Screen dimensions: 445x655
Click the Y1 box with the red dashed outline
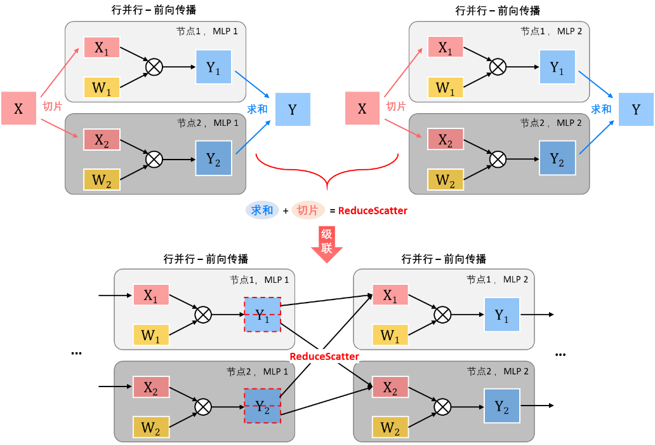click(x=262, y=314)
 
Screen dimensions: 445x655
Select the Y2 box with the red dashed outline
click(x=262, y=407)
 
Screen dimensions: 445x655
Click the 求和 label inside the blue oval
click(x=262, y=210)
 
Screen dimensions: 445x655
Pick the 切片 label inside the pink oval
click(x=308, y=210)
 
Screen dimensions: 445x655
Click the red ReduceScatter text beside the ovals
click(x=373, y=210)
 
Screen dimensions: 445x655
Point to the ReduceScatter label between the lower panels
click(x=324, y=356)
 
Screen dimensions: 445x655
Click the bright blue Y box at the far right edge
click(x=636, y=109)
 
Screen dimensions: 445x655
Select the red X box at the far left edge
click(x=18, y=109)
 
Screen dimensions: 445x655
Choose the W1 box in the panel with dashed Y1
click(x=151, y=334)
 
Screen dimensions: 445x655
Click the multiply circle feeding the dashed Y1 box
click(x=202, y=314)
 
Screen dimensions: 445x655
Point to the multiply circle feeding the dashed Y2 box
click(x=202, y=407)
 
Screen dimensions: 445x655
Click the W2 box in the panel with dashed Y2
click(x=151, y=428)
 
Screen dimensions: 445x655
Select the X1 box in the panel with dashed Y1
click(x=151, y=295)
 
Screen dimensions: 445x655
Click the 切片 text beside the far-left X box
click(x=53, y=106)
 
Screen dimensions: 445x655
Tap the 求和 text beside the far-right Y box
click(x=600, y=109)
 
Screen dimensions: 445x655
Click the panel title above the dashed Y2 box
click(x=258, y=371)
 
